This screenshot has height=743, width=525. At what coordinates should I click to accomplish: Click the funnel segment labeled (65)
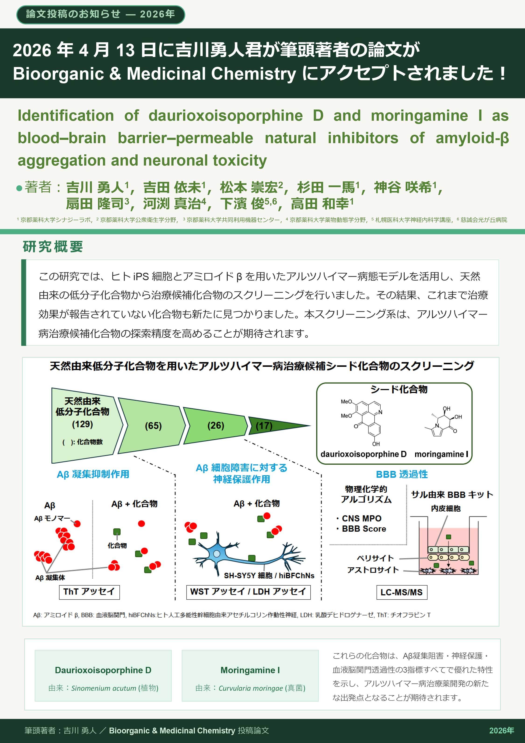click(x=152, y=425)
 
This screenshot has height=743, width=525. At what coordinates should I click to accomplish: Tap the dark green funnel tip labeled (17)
click(x=272, y=425)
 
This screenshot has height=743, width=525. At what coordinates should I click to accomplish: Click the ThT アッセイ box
click(x=89, y=592)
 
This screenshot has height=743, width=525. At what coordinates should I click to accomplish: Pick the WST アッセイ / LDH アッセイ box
click(x=248, y=592)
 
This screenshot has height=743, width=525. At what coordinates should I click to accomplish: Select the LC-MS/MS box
click(x=402, y=592)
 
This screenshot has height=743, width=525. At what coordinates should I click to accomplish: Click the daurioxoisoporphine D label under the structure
click(x=363, y=454)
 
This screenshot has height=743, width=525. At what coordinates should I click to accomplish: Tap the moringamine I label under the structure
click(x=441, y=454)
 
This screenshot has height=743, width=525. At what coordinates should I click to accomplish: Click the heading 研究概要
click(x=53, y=247)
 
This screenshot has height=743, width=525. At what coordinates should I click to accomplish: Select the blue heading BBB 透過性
click(x=402, y=474)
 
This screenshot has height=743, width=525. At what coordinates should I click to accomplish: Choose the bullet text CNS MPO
click(x=361, y=518)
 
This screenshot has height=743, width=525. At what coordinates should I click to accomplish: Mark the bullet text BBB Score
click(x=364, y=529)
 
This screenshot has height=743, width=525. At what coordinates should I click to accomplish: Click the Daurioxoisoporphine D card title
click(x=103, y=670)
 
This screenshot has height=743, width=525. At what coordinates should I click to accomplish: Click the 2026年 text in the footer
click(x=501, y=730)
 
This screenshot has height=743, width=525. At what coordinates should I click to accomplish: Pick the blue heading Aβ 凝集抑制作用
click(x=93, y=474)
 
